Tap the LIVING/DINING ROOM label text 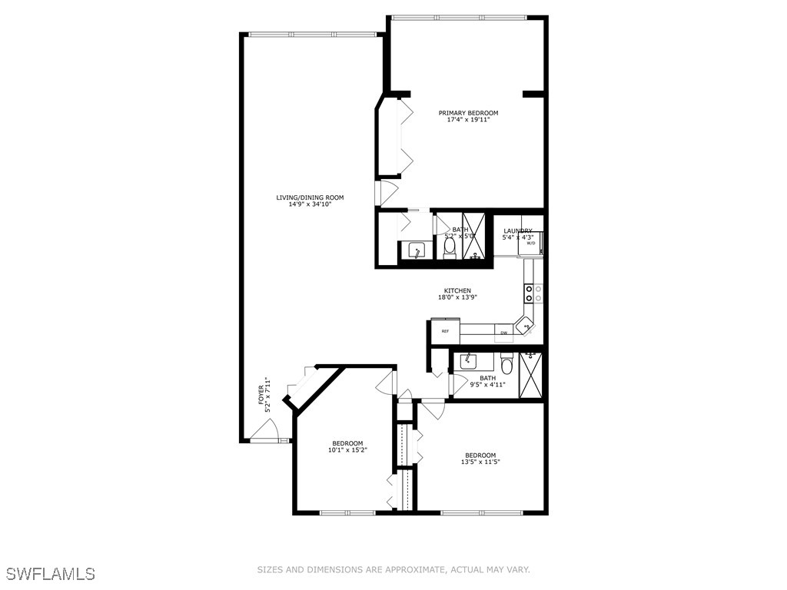(310, 197)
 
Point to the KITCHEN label (457, 290)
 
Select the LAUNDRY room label (517, 230)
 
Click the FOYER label (261, 395)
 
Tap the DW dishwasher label (504, 333)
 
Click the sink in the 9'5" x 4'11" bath (467, 360)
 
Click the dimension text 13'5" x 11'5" (479, 462)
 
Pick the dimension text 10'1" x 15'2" (347, 450)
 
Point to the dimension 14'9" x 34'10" (310, 204)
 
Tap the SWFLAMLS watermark (51, 574)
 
